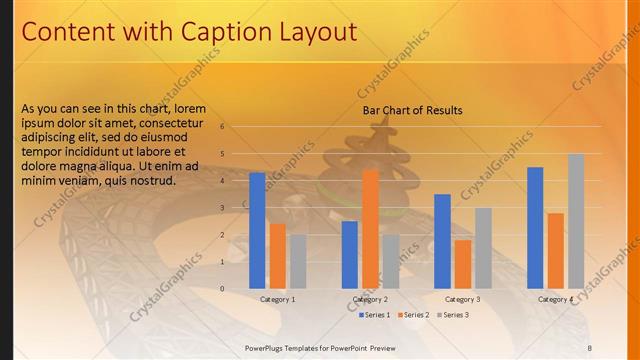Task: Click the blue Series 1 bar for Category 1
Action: [x=257, y=230]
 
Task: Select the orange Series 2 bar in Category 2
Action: [x=370, y=229]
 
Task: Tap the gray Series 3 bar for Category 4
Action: [x=576, y=221]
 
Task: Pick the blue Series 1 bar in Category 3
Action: [x=442, y=241]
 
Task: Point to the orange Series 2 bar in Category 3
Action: [x=463, y=264]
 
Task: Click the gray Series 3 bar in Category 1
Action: [x=298, y=261]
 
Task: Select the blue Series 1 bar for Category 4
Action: [x=535, y=227]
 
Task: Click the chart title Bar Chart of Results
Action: [x=412, y=110]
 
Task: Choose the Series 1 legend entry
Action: [x=373, y=315]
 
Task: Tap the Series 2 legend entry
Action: [x=412, y=315]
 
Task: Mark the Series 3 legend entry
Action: [x=451, y=315]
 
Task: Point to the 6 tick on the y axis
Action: [x=236, y=127]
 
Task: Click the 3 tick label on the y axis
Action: [x=236, y=208]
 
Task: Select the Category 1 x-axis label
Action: [x=277, y=299]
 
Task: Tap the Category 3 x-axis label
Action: [x=462, y=299]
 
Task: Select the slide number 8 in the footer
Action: [x=590, y=347]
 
